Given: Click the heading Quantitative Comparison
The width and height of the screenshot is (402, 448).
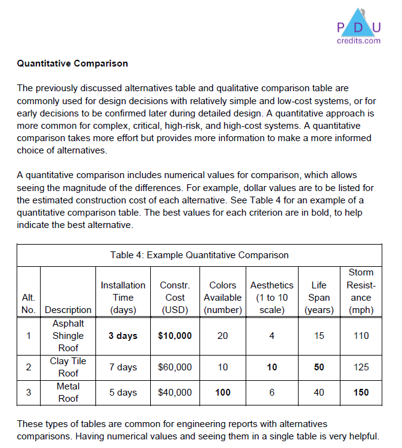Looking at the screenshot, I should pos(73,63).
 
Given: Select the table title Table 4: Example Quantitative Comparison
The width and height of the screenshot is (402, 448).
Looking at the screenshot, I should pos(199,255).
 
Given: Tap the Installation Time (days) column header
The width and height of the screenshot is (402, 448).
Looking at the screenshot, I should pos(123,298).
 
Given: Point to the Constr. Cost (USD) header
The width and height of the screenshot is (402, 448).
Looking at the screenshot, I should pos(175,298).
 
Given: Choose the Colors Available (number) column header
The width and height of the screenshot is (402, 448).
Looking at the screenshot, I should pos(223,298).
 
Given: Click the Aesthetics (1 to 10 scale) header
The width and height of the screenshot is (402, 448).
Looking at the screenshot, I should pos(271,298).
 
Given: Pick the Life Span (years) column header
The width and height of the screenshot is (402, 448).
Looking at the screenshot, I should pos(319,298).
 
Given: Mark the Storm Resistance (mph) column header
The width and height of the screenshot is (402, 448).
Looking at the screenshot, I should pos(361,291).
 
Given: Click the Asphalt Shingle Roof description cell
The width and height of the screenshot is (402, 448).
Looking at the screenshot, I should pos(68,336).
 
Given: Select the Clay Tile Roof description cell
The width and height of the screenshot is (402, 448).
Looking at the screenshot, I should pos(68,367).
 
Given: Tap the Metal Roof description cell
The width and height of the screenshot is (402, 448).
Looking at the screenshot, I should pos(68,393).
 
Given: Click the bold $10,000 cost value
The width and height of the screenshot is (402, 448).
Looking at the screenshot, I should pos(175,336).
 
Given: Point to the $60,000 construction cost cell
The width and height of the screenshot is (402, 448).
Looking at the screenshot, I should pos(175,367).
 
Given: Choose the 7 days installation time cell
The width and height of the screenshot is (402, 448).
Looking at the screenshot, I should pos(123,367).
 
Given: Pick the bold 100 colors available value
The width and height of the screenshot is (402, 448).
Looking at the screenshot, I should pos(223,393).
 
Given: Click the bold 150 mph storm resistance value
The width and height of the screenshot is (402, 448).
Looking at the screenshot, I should pos(361,393).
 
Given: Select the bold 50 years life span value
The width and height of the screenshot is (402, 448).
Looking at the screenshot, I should pos(319,367).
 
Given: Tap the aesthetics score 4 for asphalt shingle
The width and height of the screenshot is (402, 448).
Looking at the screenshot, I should pos(271,336).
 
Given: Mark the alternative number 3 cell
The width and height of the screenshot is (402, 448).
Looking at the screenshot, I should pos(28,393).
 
